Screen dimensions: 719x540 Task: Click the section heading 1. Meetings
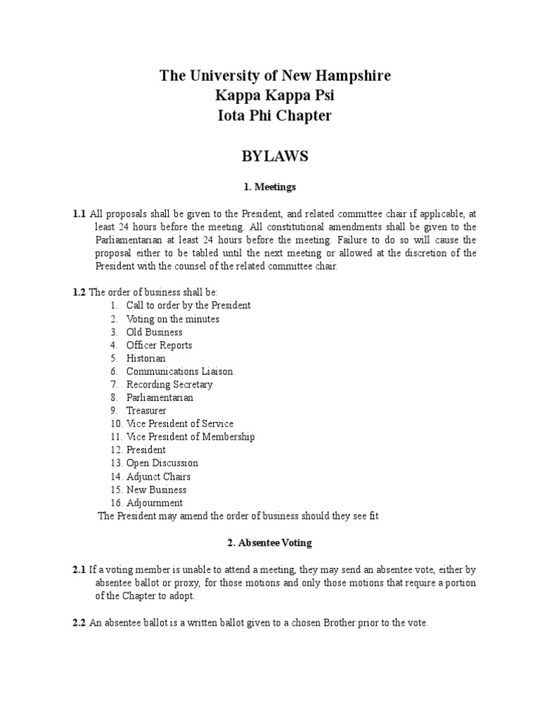tap(270, 187)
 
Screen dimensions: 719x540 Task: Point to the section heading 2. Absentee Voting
tap(270, 543)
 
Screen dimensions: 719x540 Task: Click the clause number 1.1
tap(79, 213)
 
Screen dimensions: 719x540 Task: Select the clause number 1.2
tap(79, 292)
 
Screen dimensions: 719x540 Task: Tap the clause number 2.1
tap(79, 569)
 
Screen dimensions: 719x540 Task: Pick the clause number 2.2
tap(79, 623)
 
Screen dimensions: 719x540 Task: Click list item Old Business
tap(154, 332)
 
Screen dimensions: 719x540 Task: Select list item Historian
tap(146, 358)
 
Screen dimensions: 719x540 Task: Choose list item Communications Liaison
tap(179, 371)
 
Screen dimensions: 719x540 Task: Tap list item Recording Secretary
tap(169, 385)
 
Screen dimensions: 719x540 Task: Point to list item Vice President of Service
tap(180, 424)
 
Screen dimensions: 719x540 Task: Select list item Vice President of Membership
tap(191, 437)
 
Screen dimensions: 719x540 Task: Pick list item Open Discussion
tap(162, 463)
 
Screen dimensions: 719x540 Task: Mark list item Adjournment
tap(155, 503)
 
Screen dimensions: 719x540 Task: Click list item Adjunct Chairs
tap(158, 477)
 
